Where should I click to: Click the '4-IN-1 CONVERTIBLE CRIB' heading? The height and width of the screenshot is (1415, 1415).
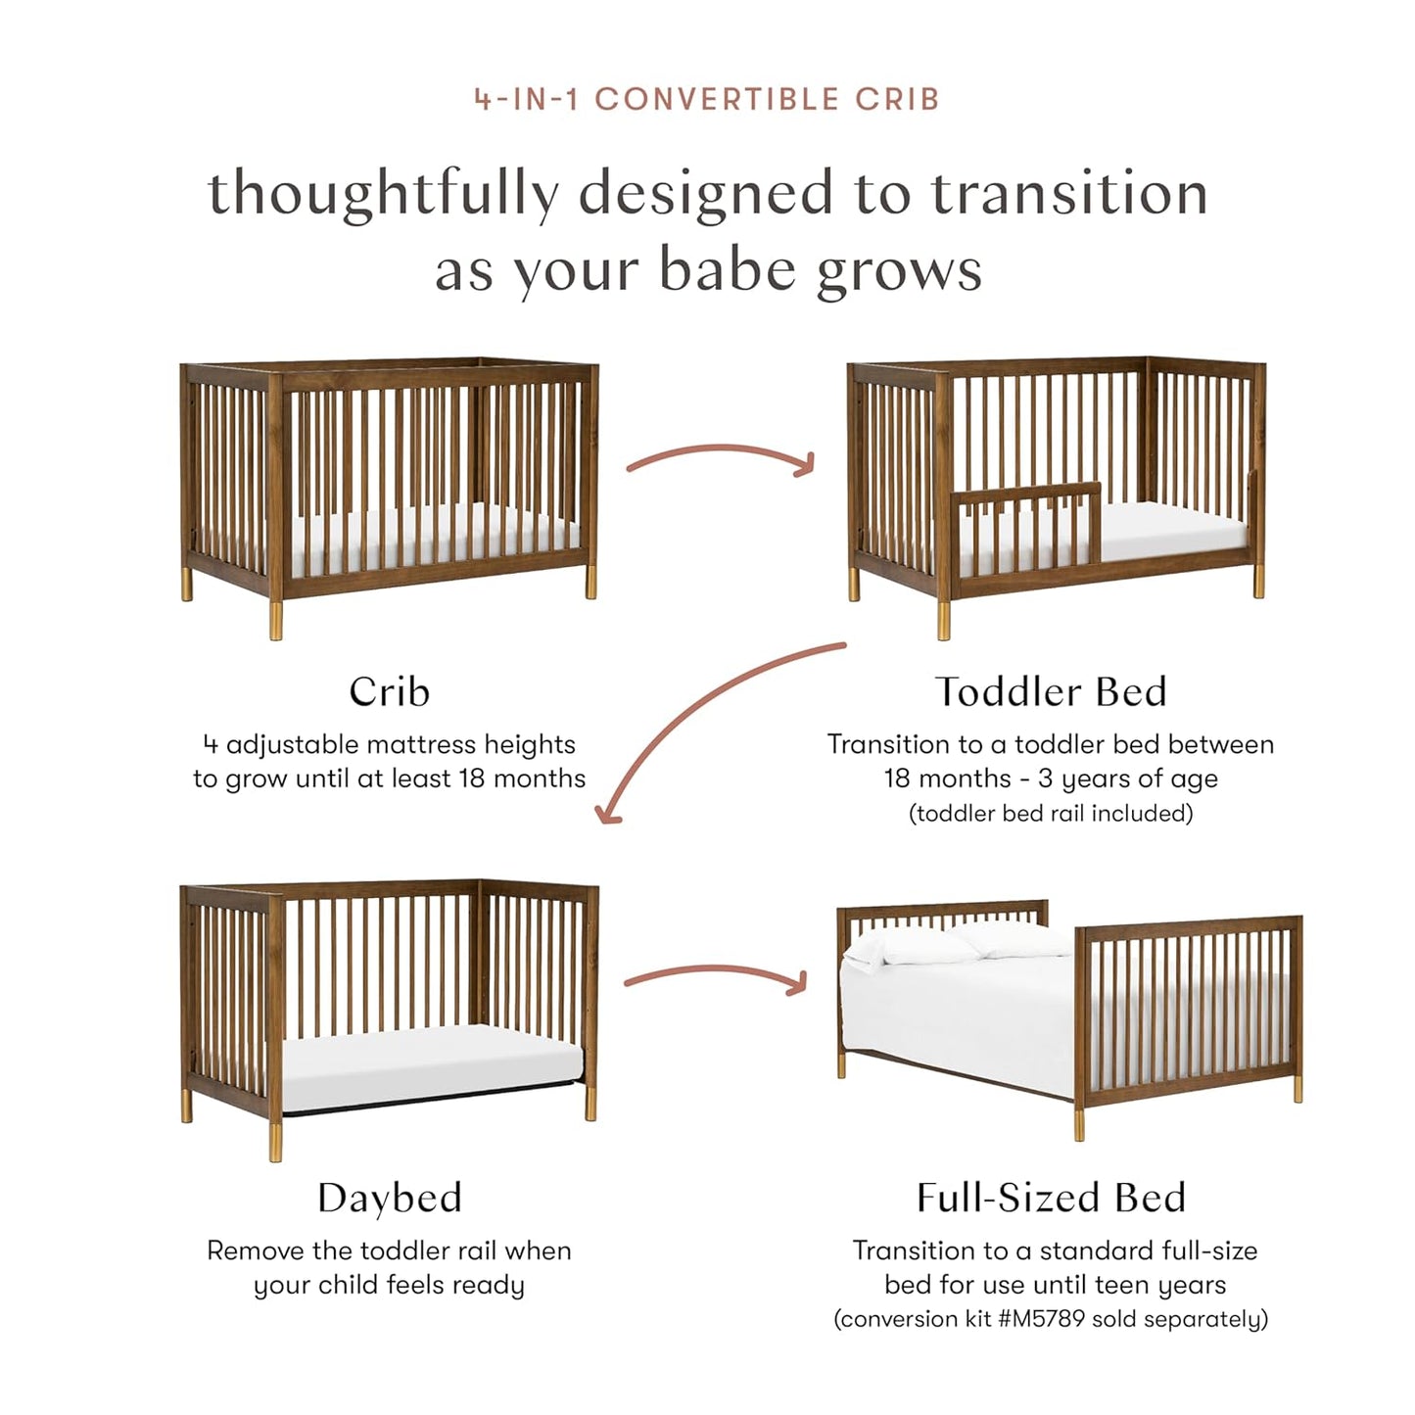pyautogui.click(x=707, y=99)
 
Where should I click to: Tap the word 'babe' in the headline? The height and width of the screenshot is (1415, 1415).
pyautogui.click(x=730, y=269)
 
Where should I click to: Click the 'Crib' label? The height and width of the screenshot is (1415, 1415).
pyautogui.click(x=389, y=692)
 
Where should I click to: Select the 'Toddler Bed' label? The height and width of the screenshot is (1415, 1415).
pyautogui.click(x=1051, y=692)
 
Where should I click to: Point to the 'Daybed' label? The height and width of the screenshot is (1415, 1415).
pyautogui.click(x=389, y=1198)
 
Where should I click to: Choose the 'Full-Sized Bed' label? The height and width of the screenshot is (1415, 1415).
pyautogui.click(x=1051, y=1198)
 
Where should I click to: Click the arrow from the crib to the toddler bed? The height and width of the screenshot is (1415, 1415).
pyautogui.click(x=720, y=457)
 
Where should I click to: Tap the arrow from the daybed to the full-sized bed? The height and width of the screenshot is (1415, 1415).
pyautogui.click(x=715, y=975)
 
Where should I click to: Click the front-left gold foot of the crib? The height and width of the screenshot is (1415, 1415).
pyautogui.click(x=275, y=620)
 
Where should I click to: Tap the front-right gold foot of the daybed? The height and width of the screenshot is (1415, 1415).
pyautogui.click(x=590, y=1104)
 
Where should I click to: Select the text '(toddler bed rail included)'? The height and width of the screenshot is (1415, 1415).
pyautogui.click(x=1051, y=814)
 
